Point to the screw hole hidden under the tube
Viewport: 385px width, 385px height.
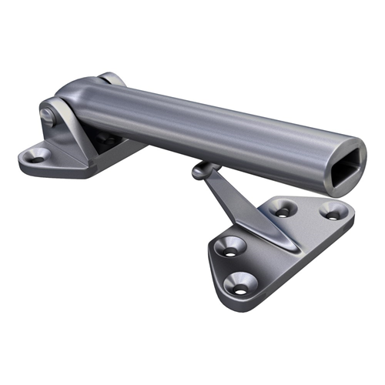point(108,140)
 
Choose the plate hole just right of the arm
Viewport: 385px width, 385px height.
point(284,208)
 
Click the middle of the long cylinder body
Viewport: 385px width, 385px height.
point(216,131)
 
